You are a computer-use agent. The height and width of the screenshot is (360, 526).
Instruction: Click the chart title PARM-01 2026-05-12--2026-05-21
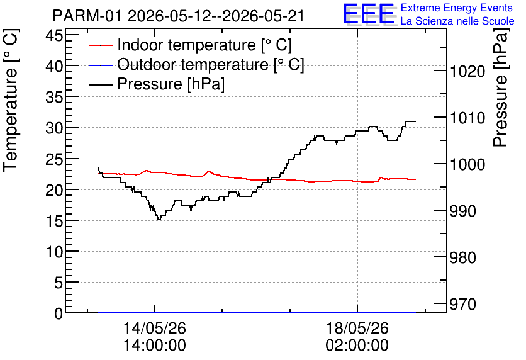click(179, 16)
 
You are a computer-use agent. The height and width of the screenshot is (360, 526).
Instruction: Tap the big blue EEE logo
click(368, 14)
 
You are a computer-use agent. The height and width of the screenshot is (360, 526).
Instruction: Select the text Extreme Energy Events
click(457, 8)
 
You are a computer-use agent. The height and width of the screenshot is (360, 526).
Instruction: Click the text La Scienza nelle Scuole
click(457, 21)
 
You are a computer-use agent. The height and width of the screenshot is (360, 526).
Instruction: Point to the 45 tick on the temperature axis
click(54, 35)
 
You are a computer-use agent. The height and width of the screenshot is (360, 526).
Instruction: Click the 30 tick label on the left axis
click(54, 128)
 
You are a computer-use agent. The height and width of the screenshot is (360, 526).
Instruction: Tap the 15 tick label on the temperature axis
click(54, 221)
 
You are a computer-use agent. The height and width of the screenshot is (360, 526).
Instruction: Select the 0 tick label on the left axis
click(59, 313)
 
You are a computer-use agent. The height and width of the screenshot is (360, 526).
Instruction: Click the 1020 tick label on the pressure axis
click(467, 72)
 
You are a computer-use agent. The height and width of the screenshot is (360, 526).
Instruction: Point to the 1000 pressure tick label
click(467, 165)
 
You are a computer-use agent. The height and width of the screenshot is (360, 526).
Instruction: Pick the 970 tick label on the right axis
click(463, 305)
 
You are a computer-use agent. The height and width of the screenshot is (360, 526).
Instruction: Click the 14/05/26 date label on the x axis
click(155, 328)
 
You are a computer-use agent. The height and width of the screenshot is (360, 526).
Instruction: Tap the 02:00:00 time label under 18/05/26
click(357, 346)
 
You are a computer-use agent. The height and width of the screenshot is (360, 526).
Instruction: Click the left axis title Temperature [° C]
click(11, 100)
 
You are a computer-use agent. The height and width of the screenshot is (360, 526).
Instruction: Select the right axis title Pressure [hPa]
click(501, 87)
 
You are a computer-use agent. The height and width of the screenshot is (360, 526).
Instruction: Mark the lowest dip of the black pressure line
click(159, 220)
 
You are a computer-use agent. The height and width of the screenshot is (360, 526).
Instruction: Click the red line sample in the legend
click(100, 45)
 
